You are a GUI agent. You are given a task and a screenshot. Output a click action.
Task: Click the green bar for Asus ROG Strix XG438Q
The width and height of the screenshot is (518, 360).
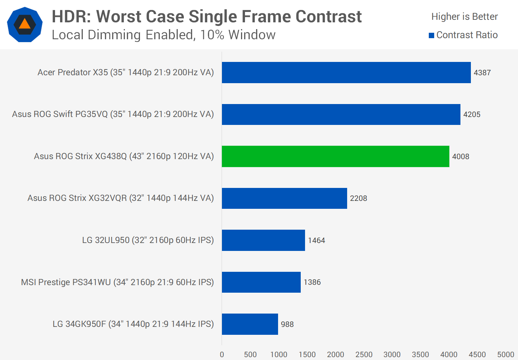coord(335,156)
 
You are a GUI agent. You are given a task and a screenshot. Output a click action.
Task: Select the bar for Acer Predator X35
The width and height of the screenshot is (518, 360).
coord(346,72)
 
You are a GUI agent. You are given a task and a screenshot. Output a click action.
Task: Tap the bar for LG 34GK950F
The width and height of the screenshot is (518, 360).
coord(250,324)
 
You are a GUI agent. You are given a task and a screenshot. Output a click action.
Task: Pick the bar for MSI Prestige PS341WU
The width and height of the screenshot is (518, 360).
coord(261,282)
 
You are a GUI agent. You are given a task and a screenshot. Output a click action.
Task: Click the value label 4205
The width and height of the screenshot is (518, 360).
coord(472,114)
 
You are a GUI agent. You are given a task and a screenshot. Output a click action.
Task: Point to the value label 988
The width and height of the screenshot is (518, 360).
coord(287,324)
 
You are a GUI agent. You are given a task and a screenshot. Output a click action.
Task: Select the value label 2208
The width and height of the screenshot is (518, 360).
coord(358,198)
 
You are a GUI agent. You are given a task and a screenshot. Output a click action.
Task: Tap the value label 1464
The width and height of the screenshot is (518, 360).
coord(316,240)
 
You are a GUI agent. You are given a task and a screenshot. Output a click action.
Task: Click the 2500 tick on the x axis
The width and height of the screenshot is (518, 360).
coord(364,355)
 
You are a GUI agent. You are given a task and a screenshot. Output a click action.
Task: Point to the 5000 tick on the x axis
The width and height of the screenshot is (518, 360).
coord(505,355)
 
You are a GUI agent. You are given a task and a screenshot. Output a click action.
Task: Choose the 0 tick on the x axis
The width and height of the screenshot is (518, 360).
coord(222,355)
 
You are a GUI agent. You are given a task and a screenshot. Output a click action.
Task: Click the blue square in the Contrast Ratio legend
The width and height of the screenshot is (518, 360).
coord(431,35)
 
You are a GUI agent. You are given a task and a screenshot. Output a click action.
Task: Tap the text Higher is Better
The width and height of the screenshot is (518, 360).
coord(464,17)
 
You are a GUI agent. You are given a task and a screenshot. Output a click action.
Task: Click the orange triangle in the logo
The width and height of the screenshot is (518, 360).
coord(24,24)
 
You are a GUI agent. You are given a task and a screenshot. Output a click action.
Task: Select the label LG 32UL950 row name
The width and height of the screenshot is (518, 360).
coord(148,240)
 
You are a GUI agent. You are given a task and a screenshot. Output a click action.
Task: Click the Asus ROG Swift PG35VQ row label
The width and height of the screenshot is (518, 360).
coord(113,114)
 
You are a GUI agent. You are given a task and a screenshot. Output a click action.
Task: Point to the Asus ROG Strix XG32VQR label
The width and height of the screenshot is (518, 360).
coord(121,198)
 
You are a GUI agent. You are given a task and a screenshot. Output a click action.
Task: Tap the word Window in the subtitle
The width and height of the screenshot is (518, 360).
coord(252,35)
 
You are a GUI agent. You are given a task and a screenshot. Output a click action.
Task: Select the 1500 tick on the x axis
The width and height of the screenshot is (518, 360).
coord(307,355)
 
